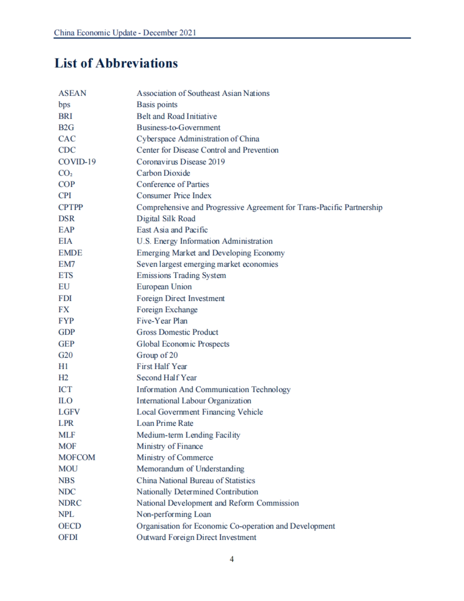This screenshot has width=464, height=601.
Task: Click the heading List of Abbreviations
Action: pos(116,63)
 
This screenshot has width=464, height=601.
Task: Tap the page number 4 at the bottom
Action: pos(232,559)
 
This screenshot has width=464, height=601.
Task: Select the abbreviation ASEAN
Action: pos(72,93)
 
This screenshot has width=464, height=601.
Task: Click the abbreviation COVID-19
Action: pos(77,162)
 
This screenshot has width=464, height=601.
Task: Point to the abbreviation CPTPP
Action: pos(71,207)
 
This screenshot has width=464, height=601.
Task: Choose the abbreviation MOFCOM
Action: pos(77,458)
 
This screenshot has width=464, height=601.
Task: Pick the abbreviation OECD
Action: pos(70,526)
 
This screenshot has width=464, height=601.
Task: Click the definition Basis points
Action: pos(157,105)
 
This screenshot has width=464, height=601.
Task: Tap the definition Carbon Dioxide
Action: pos(163,173)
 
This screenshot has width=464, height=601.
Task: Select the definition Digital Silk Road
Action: pos(166,218)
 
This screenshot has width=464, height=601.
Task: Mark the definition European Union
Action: pos(164,287)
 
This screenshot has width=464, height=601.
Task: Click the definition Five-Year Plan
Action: pos(162,321)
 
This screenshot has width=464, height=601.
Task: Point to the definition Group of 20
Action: pos(157,355)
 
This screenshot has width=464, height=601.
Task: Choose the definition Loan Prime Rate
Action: pos(165,423)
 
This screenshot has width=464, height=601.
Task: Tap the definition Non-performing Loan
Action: pos(174,514)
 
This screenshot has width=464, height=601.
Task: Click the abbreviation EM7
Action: pos(67,264)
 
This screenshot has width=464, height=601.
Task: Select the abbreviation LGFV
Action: pos(69,412)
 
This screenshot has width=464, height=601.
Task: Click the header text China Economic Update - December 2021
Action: pos(125,33)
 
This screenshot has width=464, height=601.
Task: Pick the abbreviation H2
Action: pos(63,378)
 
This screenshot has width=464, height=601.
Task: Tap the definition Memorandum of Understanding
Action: pos(190,469)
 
